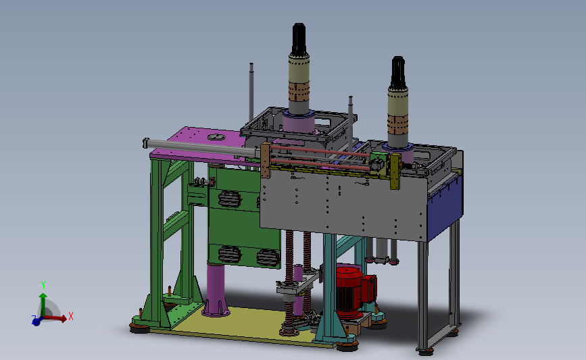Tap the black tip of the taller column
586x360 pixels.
299,39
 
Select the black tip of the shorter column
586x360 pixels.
398,72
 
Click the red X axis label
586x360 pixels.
71,316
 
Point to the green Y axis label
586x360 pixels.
43,285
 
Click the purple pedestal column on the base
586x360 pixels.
216,290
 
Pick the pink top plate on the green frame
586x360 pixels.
198,144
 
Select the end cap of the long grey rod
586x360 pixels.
146,143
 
